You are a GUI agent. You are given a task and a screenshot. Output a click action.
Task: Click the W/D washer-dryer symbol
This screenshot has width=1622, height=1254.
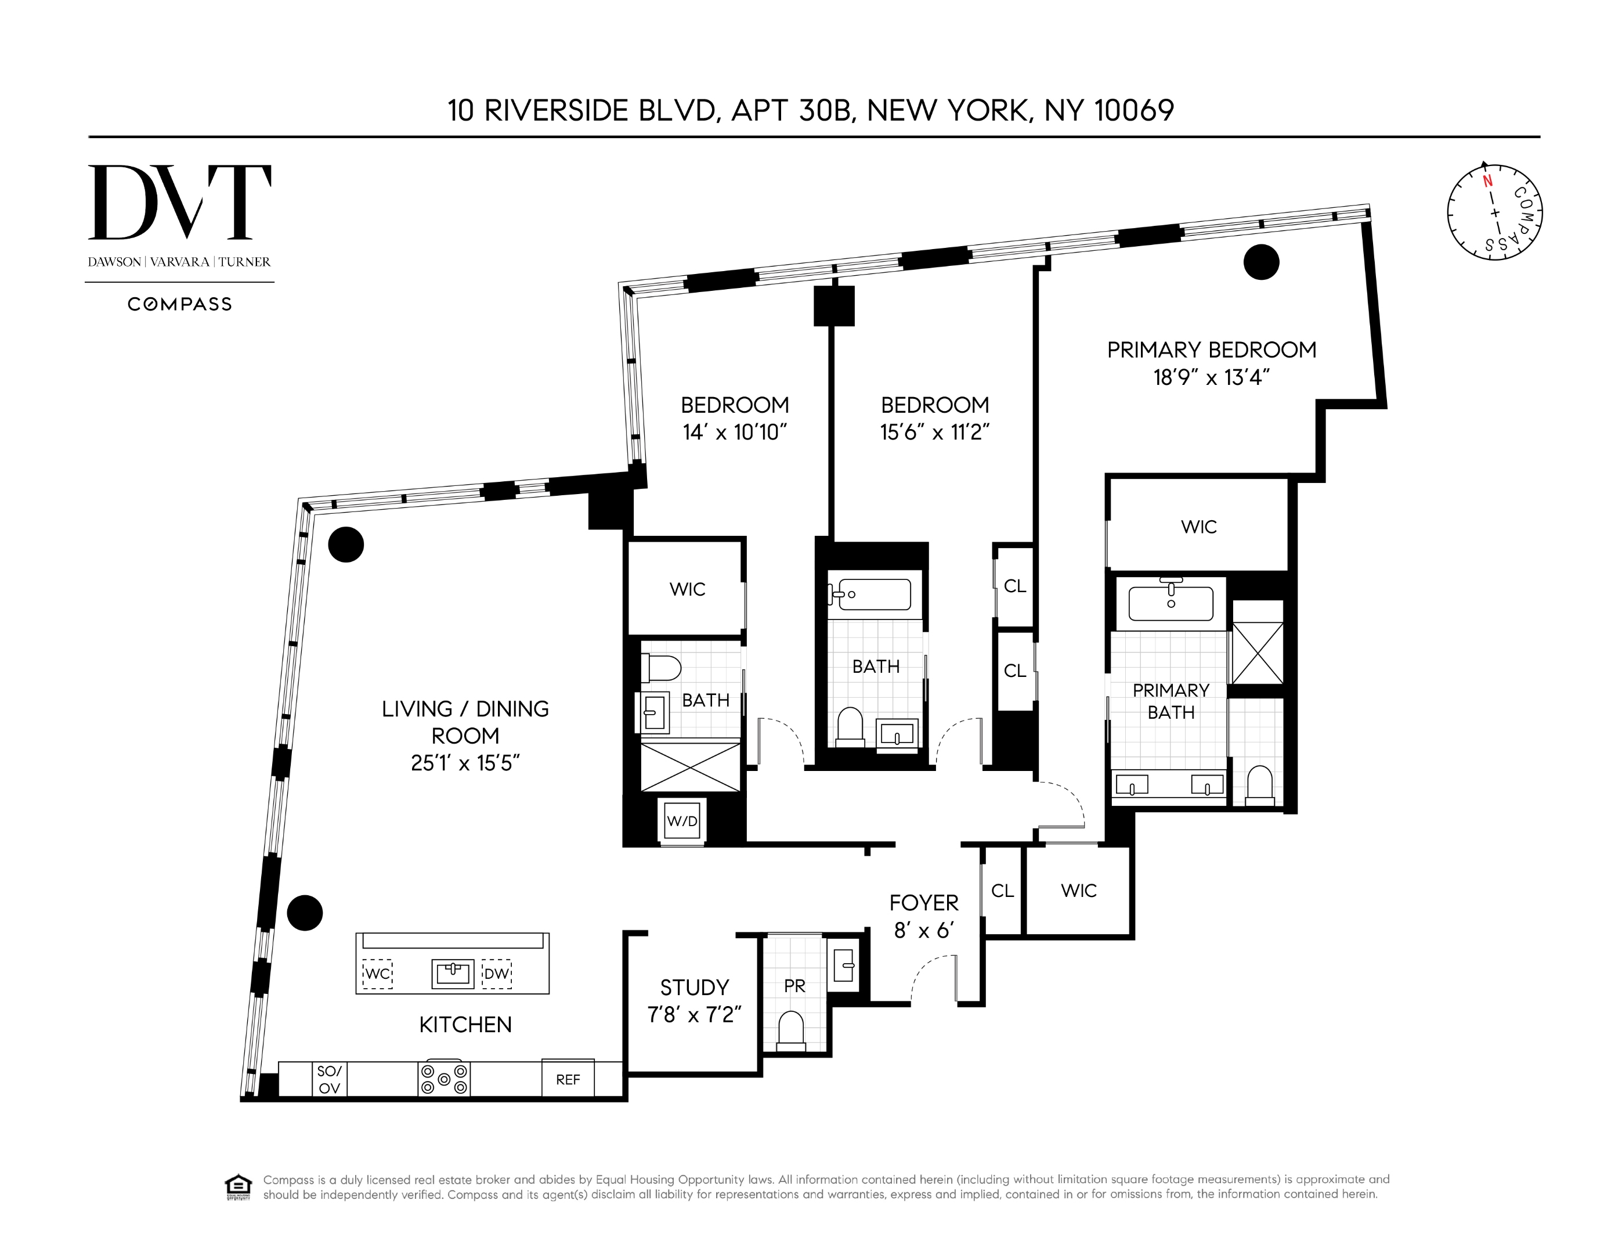click(x=682, y=821)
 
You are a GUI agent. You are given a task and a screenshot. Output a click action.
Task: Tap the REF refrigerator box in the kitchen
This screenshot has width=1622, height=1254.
click(x=568, y=1079)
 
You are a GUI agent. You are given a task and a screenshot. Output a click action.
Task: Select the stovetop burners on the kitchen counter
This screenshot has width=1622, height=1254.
click(x=444, y=1079)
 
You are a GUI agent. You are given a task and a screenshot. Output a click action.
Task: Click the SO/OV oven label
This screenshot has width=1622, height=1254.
click(x=329, y=1079)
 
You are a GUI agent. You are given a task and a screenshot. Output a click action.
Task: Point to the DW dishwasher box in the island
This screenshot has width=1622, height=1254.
click(x=496, y=973)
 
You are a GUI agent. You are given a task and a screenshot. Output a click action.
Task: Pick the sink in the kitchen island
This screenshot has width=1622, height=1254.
click(x=452, y=973)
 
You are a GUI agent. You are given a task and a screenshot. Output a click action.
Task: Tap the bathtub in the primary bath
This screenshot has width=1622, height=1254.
click(x=1171, y=603)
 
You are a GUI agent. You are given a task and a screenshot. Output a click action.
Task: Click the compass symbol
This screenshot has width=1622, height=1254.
click(x=1494, y=212)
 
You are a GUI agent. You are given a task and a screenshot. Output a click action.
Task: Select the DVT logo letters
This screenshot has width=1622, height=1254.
click(x=180, y=202)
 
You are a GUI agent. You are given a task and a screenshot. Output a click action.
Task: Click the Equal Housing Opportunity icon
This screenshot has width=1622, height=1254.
click(x=238, y=1187)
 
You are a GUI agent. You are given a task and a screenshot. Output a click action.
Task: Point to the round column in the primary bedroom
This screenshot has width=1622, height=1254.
click(x=1261, y=261)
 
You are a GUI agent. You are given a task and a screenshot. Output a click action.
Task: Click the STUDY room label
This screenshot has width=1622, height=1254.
click(x=695, y=988)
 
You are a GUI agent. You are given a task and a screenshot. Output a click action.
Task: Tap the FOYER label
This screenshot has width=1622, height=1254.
click(x=924, y=903)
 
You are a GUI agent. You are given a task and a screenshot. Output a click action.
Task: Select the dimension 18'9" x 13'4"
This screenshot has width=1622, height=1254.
click(x=1211, y=377)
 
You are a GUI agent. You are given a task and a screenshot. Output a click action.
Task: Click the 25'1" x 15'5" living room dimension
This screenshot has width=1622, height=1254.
click(x=465, y=763)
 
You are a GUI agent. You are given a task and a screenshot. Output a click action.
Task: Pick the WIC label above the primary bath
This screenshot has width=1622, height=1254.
click(x=1199, y=527)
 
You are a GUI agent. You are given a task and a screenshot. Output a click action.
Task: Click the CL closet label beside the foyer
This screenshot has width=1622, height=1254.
click(x=1003, y=891)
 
